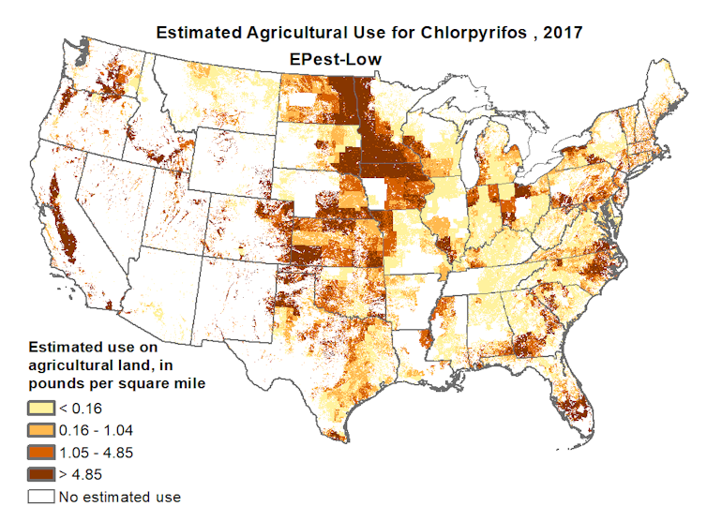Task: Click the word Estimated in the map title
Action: (x=202, y=32)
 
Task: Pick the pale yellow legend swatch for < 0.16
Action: (x=41, y=408)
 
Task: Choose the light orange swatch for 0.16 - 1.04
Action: (x=41, y=429)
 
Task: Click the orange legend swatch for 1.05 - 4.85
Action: (x=41, y=452)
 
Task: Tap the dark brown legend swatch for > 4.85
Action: (x=41, y=474)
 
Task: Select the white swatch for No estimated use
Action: (x=41, y=497)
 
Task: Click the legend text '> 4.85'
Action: (x=81, y=474)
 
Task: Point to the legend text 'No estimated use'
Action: (x=119, y=497)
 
